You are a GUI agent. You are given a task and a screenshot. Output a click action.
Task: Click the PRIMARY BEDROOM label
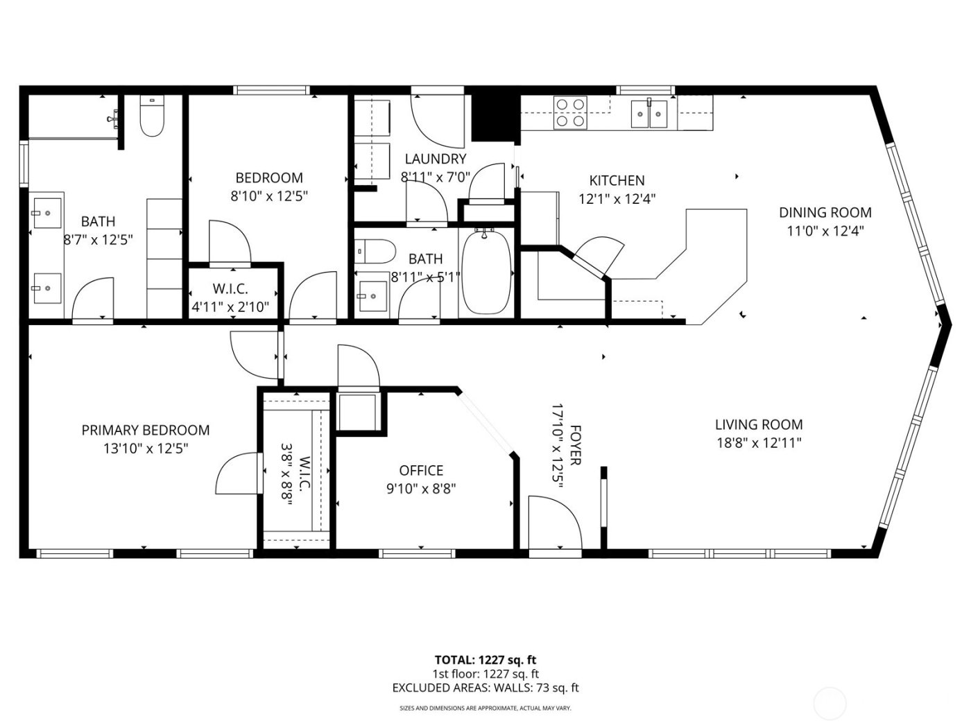(146, 431)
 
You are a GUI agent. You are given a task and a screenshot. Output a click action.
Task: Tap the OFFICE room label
(421, 471)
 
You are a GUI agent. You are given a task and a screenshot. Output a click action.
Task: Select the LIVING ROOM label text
(759, 424)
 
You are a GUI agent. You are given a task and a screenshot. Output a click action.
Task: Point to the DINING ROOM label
(825, 213)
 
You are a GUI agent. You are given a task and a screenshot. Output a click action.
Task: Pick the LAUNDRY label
(436, 159)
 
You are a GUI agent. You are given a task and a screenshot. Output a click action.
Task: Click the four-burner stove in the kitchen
(570, 112)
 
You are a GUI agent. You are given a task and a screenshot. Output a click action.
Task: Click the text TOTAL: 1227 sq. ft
(486, 660)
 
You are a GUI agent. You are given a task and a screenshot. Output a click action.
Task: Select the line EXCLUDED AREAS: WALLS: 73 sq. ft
(486, 688)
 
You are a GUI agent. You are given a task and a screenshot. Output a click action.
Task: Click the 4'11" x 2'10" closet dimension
(230, 306)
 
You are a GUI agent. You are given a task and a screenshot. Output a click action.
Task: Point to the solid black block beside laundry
(495, 116)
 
